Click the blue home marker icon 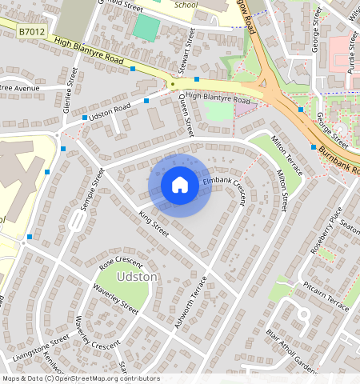click(180, 186)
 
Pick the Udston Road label click(110, 112)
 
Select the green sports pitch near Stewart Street click(146, 28)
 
